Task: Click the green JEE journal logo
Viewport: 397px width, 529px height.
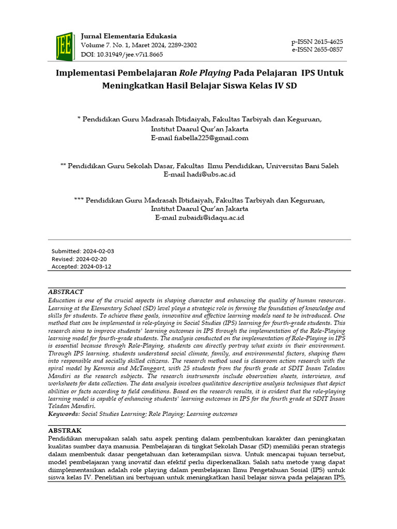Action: click(65, 45)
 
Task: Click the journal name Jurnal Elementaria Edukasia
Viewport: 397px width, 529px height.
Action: click(129, 36)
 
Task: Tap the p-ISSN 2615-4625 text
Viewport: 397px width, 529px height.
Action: click(317, 41)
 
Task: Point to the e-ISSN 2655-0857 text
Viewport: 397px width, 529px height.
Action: click(317, 50)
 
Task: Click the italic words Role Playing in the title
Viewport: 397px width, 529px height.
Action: click(205, 72)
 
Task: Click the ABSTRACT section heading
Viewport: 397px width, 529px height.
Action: click(66, 292)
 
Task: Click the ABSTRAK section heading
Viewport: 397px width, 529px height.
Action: click(65, 430)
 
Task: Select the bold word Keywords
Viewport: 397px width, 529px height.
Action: click(64, 414)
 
